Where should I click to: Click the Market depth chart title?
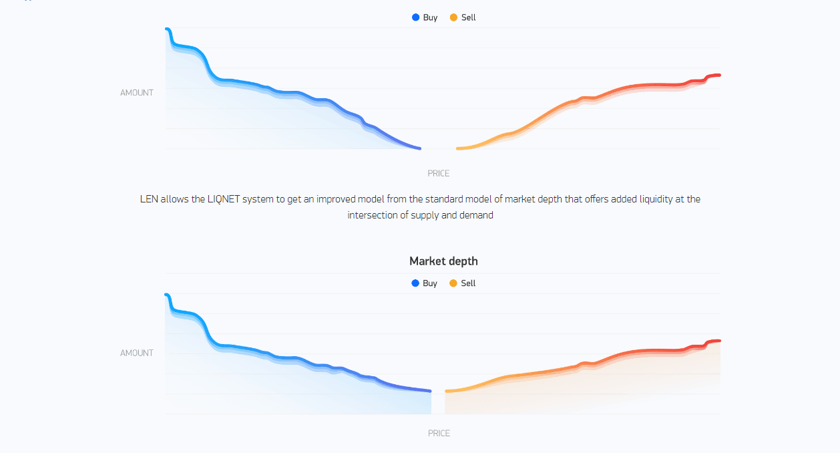click(443, 261)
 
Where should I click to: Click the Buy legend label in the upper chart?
click(430, 17)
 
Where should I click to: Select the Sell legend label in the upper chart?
click(468, 17)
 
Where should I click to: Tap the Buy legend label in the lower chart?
click(430, 283)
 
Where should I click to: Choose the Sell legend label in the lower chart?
click(468, 283)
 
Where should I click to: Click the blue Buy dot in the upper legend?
click(416, 17)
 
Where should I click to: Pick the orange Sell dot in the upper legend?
click(454, 17)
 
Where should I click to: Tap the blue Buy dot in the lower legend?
click(416, 283)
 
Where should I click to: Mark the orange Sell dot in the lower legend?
click(453, 283)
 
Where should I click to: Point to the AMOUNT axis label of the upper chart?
click(137, 93)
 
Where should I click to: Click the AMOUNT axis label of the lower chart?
click(137, 353)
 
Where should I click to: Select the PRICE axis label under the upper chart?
click(439, 174)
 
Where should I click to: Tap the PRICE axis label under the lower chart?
click(439, 434)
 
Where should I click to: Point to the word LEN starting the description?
click(149, 199)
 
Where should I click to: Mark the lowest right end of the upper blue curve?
click(419, 148)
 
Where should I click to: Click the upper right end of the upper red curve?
click(718, 75)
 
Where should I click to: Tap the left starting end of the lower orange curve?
click(447, 391)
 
